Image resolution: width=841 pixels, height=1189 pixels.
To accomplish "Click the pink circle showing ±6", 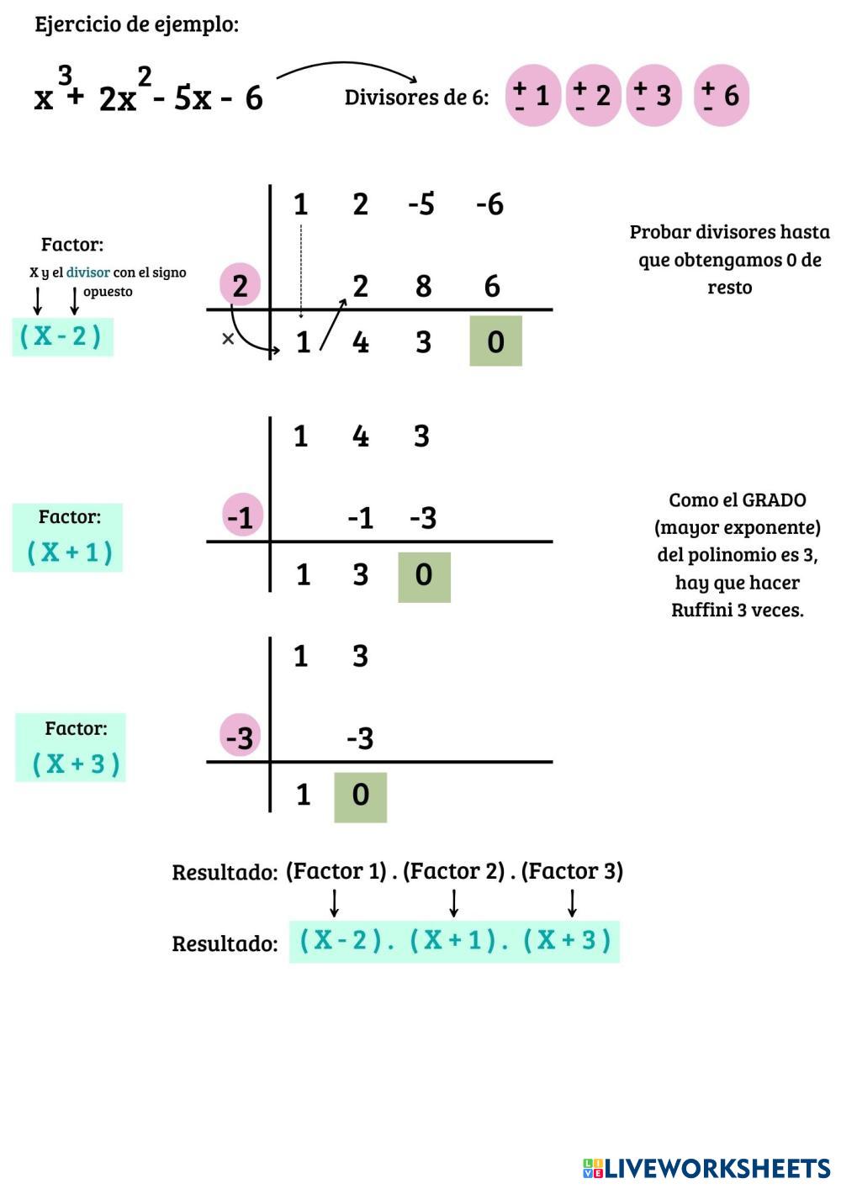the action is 721,96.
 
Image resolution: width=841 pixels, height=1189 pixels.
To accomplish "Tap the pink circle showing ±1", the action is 533,96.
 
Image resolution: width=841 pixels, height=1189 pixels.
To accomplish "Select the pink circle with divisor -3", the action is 240,737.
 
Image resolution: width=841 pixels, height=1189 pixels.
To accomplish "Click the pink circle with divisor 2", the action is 241,286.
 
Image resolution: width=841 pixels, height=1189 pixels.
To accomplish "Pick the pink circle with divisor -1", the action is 241,516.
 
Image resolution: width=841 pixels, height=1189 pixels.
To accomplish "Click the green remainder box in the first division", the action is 495,341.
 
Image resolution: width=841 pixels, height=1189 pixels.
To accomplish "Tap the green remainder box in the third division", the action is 360,796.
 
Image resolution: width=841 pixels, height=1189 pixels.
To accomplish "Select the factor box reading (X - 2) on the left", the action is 62,336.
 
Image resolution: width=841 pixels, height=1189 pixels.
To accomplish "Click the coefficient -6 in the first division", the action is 489,203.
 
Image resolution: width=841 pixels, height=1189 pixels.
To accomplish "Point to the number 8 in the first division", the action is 423,286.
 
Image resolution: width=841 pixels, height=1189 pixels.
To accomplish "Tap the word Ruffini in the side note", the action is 701,610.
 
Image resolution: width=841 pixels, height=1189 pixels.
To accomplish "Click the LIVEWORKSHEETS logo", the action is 706,1168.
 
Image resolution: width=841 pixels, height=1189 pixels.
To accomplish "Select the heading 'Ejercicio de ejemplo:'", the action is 136,24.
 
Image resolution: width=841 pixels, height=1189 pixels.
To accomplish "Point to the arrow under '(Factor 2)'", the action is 454,902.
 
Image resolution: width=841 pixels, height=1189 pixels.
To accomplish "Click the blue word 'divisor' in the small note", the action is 87,272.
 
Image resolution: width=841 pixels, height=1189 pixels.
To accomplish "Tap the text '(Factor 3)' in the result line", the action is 572,871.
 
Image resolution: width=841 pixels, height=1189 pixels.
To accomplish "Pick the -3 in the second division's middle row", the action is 423,517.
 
